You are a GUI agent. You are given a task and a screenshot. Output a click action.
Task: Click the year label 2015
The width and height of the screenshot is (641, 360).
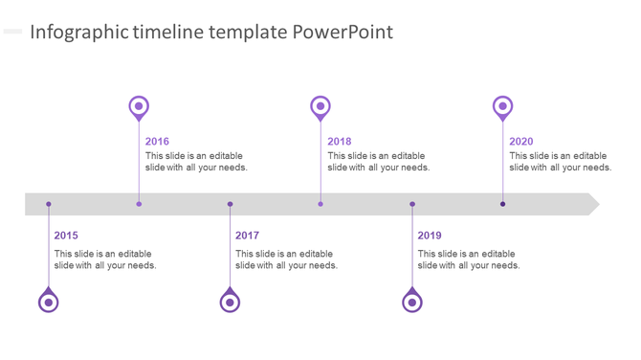[x=66, y=236]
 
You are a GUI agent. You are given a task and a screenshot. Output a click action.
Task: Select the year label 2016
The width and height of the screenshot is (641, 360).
[x=157, y=142]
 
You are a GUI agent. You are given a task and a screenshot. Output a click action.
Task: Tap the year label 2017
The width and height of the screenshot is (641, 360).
[x=247, y=236]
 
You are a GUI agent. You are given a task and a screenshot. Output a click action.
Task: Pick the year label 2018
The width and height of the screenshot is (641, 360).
[x=339, y=142]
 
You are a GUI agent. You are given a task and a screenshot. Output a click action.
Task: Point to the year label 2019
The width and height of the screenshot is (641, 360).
[x=430, y=236]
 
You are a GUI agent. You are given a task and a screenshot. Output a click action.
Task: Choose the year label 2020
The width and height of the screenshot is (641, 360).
[x=521, y=142]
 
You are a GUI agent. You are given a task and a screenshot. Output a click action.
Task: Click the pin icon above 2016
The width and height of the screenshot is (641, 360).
[x=139, y=106]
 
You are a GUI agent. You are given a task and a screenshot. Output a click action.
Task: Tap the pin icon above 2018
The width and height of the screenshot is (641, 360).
[x=320, y=106]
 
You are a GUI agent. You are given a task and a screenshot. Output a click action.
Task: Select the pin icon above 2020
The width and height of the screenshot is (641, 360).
[x=502, y=106]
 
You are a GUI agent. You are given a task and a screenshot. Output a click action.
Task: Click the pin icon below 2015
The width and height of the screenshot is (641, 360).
[x=48, y=302]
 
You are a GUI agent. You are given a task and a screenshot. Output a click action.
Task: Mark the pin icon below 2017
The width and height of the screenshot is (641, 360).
[x=230, y=302]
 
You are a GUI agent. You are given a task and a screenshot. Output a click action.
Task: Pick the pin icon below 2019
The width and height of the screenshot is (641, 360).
[x=412, y=302]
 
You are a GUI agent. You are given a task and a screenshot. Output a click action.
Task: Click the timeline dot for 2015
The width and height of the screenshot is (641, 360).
[x=49, y=204]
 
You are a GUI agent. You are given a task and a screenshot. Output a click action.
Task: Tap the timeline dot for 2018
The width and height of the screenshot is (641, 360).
[x=320, y=204]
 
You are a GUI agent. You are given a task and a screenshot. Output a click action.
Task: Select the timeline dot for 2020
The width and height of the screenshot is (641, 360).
[x=503, y=204]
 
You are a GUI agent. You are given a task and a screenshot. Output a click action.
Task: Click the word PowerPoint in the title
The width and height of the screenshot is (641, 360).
[x=343, y=33]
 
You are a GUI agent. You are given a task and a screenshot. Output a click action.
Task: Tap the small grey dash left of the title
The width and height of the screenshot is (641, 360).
[x=12, y=32]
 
